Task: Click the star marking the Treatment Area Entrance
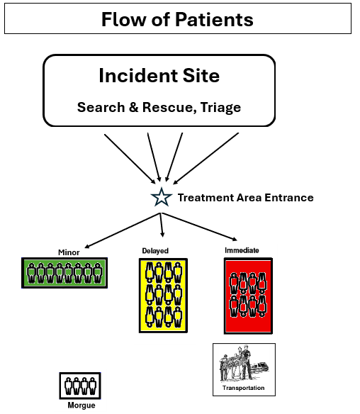click(162, 197)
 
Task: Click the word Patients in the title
click(214, 20)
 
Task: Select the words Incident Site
click(159, 76)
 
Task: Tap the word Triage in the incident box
click(220, 107)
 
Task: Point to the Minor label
click(69, 252)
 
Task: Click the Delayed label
click(155, 250)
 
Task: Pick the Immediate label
click(242, 250)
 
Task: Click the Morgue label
click(81, 405)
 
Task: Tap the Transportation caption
click(243, 388)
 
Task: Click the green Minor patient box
click(64, 273)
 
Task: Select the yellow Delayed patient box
click(163, 296)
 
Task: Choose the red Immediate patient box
click(248, 296)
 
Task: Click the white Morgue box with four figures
click(80, 386)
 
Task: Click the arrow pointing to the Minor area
click(122, 230)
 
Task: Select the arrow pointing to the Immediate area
click(199, 227)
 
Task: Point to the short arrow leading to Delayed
click(162, 225)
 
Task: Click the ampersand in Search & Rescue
click(133, 107)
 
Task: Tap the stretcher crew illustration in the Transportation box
click(244, 364)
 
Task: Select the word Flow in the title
click(124, 20)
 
